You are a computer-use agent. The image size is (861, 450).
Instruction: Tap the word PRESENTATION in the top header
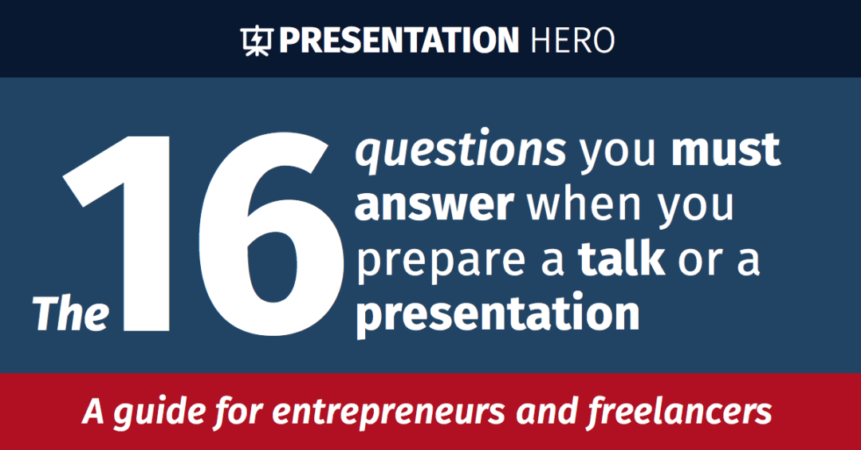click(398, 40)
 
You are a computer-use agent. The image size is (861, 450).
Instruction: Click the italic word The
click(71, 313)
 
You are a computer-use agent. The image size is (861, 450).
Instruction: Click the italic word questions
click(461, 152)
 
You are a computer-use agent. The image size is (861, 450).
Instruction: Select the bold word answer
click(434, 205)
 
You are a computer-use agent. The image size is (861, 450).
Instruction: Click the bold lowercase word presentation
click(497, 316)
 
